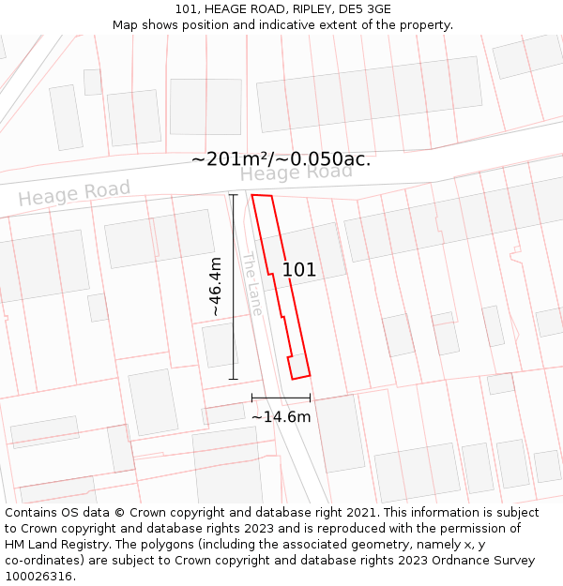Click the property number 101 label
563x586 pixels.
299,270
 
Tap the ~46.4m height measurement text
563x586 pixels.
215,286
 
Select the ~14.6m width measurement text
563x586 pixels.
281,416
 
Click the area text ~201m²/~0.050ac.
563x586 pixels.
281,159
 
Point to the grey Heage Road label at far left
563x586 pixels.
74,194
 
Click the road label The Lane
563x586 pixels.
252,283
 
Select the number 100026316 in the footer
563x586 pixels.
40,577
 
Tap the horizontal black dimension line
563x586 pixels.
281,398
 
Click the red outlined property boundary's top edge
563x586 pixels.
262,196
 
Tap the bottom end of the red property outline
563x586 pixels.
300,377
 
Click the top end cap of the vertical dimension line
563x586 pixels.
234,194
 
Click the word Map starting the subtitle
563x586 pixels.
126,25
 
